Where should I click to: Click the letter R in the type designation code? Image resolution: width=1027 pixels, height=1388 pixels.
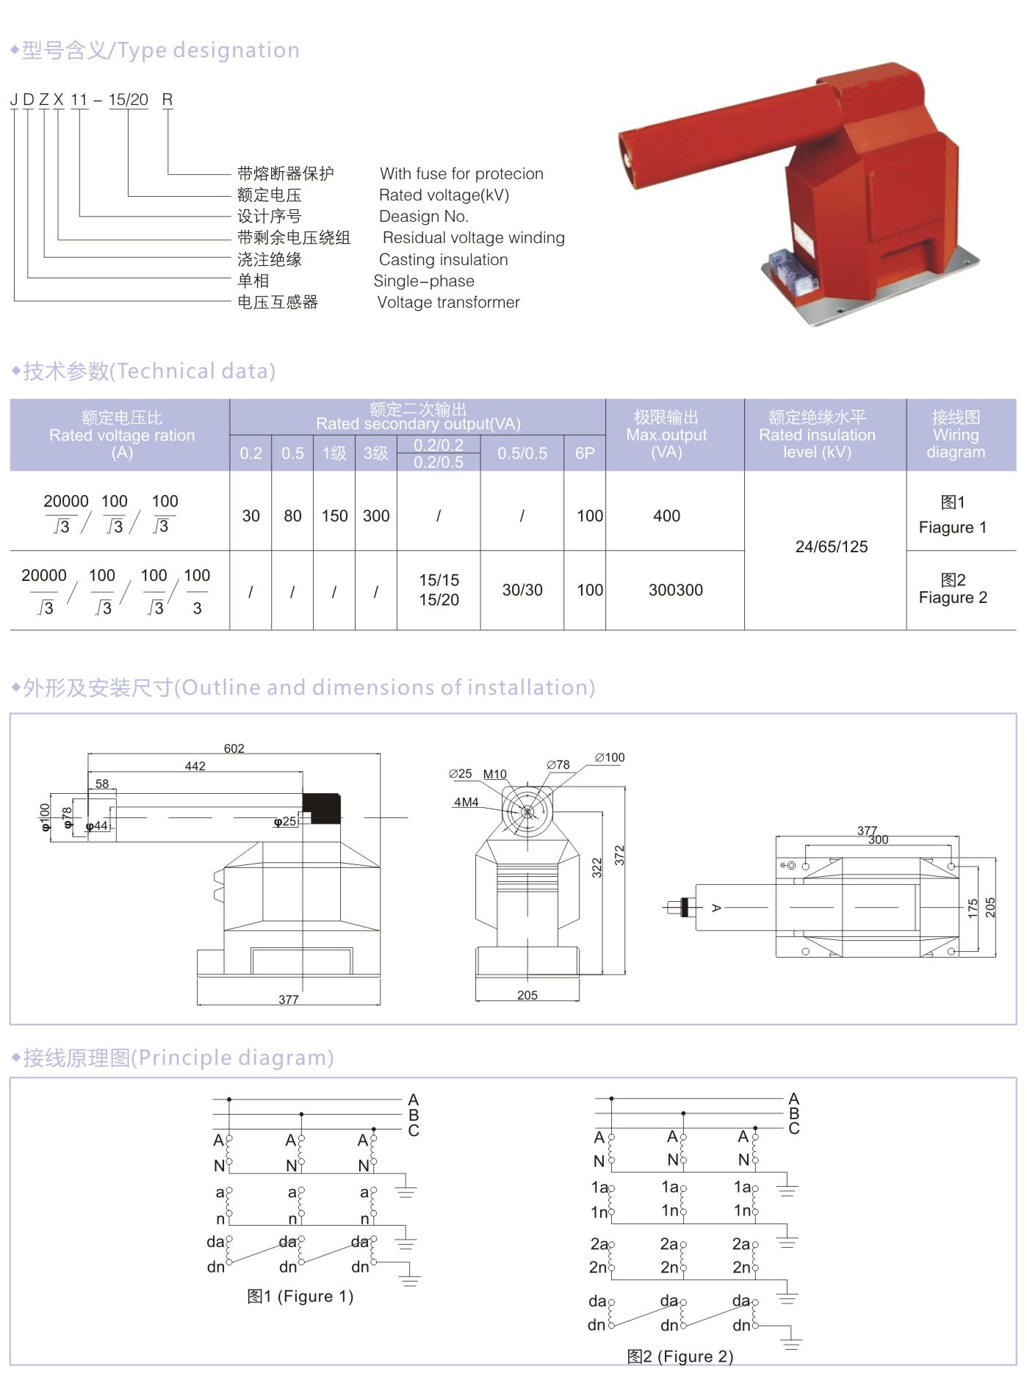pyautogui.click(x=167, y=100)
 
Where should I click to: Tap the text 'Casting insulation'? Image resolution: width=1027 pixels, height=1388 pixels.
pyautogui.click(x=443, y=260)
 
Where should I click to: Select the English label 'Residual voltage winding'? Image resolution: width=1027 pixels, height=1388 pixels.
pyautogui.click(x=473, y=238)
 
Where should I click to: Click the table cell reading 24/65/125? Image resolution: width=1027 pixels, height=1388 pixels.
pyautogui.click(x=831, y=547)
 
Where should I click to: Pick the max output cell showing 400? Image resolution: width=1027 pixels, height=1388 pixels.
pyautogui.click(x=666, y=516)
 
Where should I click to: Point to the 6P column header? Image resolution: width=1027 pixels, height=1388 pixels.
pyautogui.click(x=585, y=453)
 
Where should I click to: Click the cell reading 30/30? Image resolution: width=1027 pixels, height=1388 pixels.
pyautogui.click(x=522, y=590)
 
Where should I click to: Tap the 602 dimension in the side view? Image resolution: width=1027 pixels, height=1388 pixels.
pyautogui.click(x=234, y=748)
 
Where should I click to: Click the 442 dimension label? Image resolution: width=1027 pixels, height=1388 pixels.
pyautogui.click(x=195, y=766)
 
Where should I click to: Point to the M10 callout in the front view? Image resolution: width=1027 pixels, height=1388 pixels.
pyautogui.click(x=494, y=774)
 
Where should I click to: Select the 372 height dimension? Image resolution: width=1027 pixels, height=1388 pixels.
pyautogui.click(x=619, y=855)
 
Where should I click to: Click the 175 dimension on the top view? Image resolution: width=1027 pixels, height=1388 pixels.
pyautogui.click(x=973, y=908)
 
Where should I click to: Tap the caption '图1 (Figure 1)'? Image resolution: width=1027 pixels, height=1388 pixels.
pyautogui.click(x=300, y=1296)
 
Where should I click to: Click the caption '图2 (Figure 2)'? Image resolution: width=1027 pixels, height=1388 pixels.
pyautogui.click(x=680, y=1356)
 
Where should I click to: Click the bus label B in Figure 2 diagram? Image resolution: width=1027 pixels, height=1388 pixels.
pyautogui.click(x=793, y=1113)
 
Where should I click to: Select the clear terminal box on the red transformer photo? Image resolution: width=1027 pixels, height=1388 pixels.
pyautogui.click(x=790, y=268)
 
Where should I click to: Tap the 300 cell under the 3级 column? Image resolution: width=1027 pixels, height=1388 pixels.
pyautogui.click(x=376, y=516)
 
